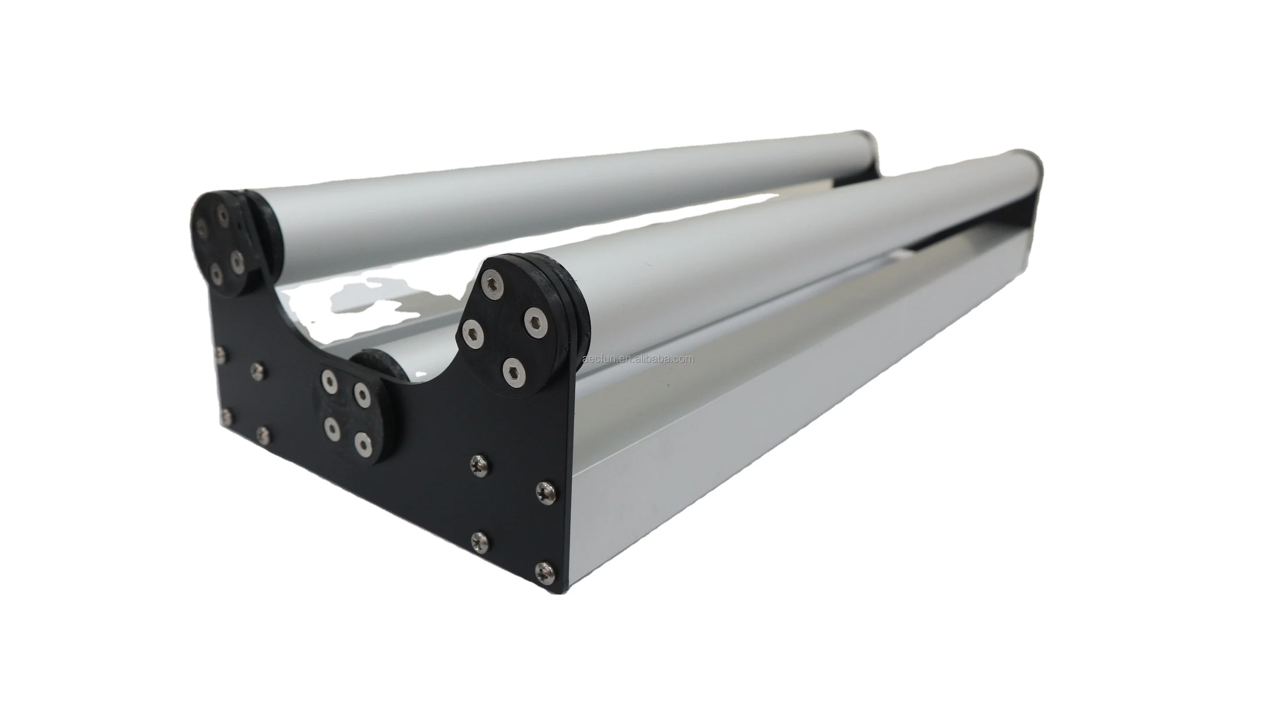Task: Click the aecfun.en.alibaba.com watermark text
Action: tap(638, 359)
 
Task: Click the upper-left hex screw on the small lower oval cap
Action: tap(328, 381)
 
